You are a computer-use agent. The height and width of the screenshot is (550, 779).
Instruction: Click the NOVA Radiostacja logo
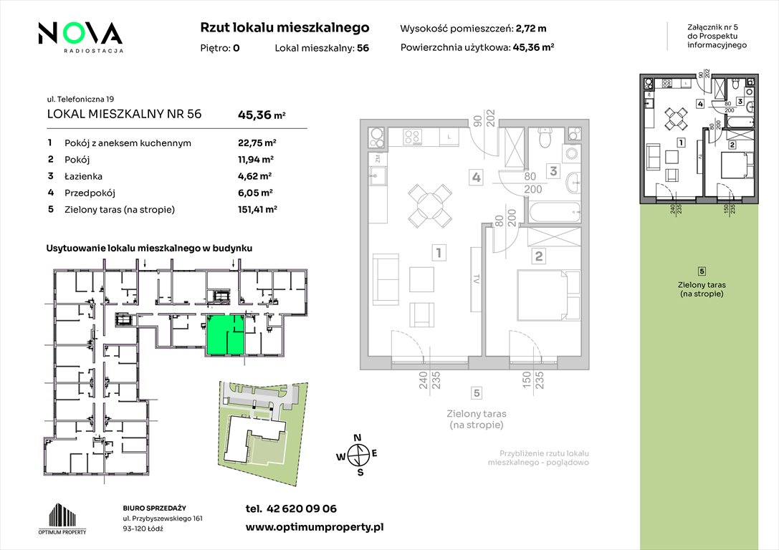[x=80, y=37]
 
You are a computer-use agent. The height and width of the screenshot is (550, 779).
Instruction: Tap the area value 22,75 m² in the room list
[x=257, y=143]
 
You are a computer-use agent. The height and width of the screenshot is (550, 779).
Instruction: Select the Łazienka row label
[x=83, y=176]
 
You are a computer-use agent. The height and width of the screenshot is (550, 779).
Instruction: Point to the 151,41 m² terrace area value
[x=257, y=210]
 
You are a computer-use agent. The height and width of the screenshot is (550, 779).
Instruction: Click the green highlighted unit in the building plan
[x=225, y=334]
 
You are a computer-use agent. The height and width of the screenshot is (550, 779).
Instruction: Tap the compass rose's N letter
[x=357, y=438]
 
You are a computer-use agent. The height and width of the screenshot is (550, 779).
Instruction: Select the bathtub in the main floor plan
[x=555, y=212]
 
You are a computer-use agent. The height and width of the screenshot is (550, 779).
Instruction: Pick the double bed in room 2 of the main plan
[x=548, y=295]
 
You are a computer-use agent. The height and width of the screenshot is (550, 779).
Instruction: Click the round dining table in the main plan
[x=430, y=206]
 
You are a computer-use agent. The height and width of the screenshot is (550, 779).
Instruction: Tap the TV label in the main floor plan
[x=476, y=280]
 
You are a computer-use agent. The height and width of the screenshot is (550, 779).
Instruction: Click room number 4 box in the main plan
[x=477, y=177]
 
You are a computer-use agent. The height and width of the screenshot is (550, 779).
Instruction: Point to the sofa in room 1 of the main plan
[x=386, y=279]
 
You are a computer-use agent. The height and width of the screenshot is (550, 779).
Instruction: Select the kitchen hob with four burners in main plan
[x=412, y=137]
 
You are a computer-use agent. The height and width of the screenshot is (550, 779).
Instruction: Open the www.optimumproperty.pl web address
[x=315, y=528]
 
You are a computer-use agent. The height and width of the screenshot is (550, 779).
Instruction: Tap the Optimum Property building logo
[x=62, y=518]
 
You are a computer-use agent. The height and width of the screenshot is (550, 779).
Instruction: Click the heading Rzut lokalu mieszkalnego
[x=285, y=28]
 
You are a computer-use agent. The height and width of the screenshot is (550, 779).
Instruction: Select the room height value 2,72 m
[x=531, y=29]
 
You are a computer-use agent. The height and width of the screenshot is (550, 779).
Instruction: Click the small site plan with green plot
[x=264, y=433]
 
